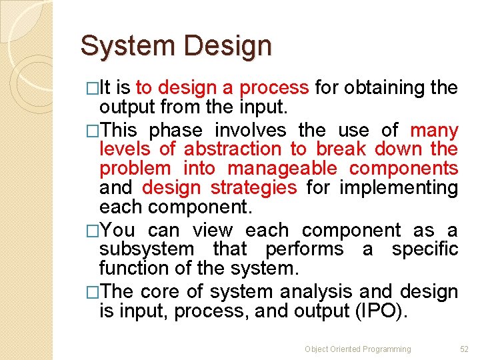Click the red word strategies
pos(253,188)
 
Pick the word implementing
pos(399,188)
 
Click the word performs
pos(305,249)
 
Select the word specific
pos(425,249)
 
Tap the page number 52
pos(465,349)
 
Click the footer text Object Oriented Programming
pos(358,349)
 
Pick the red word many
pos(434,131)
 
